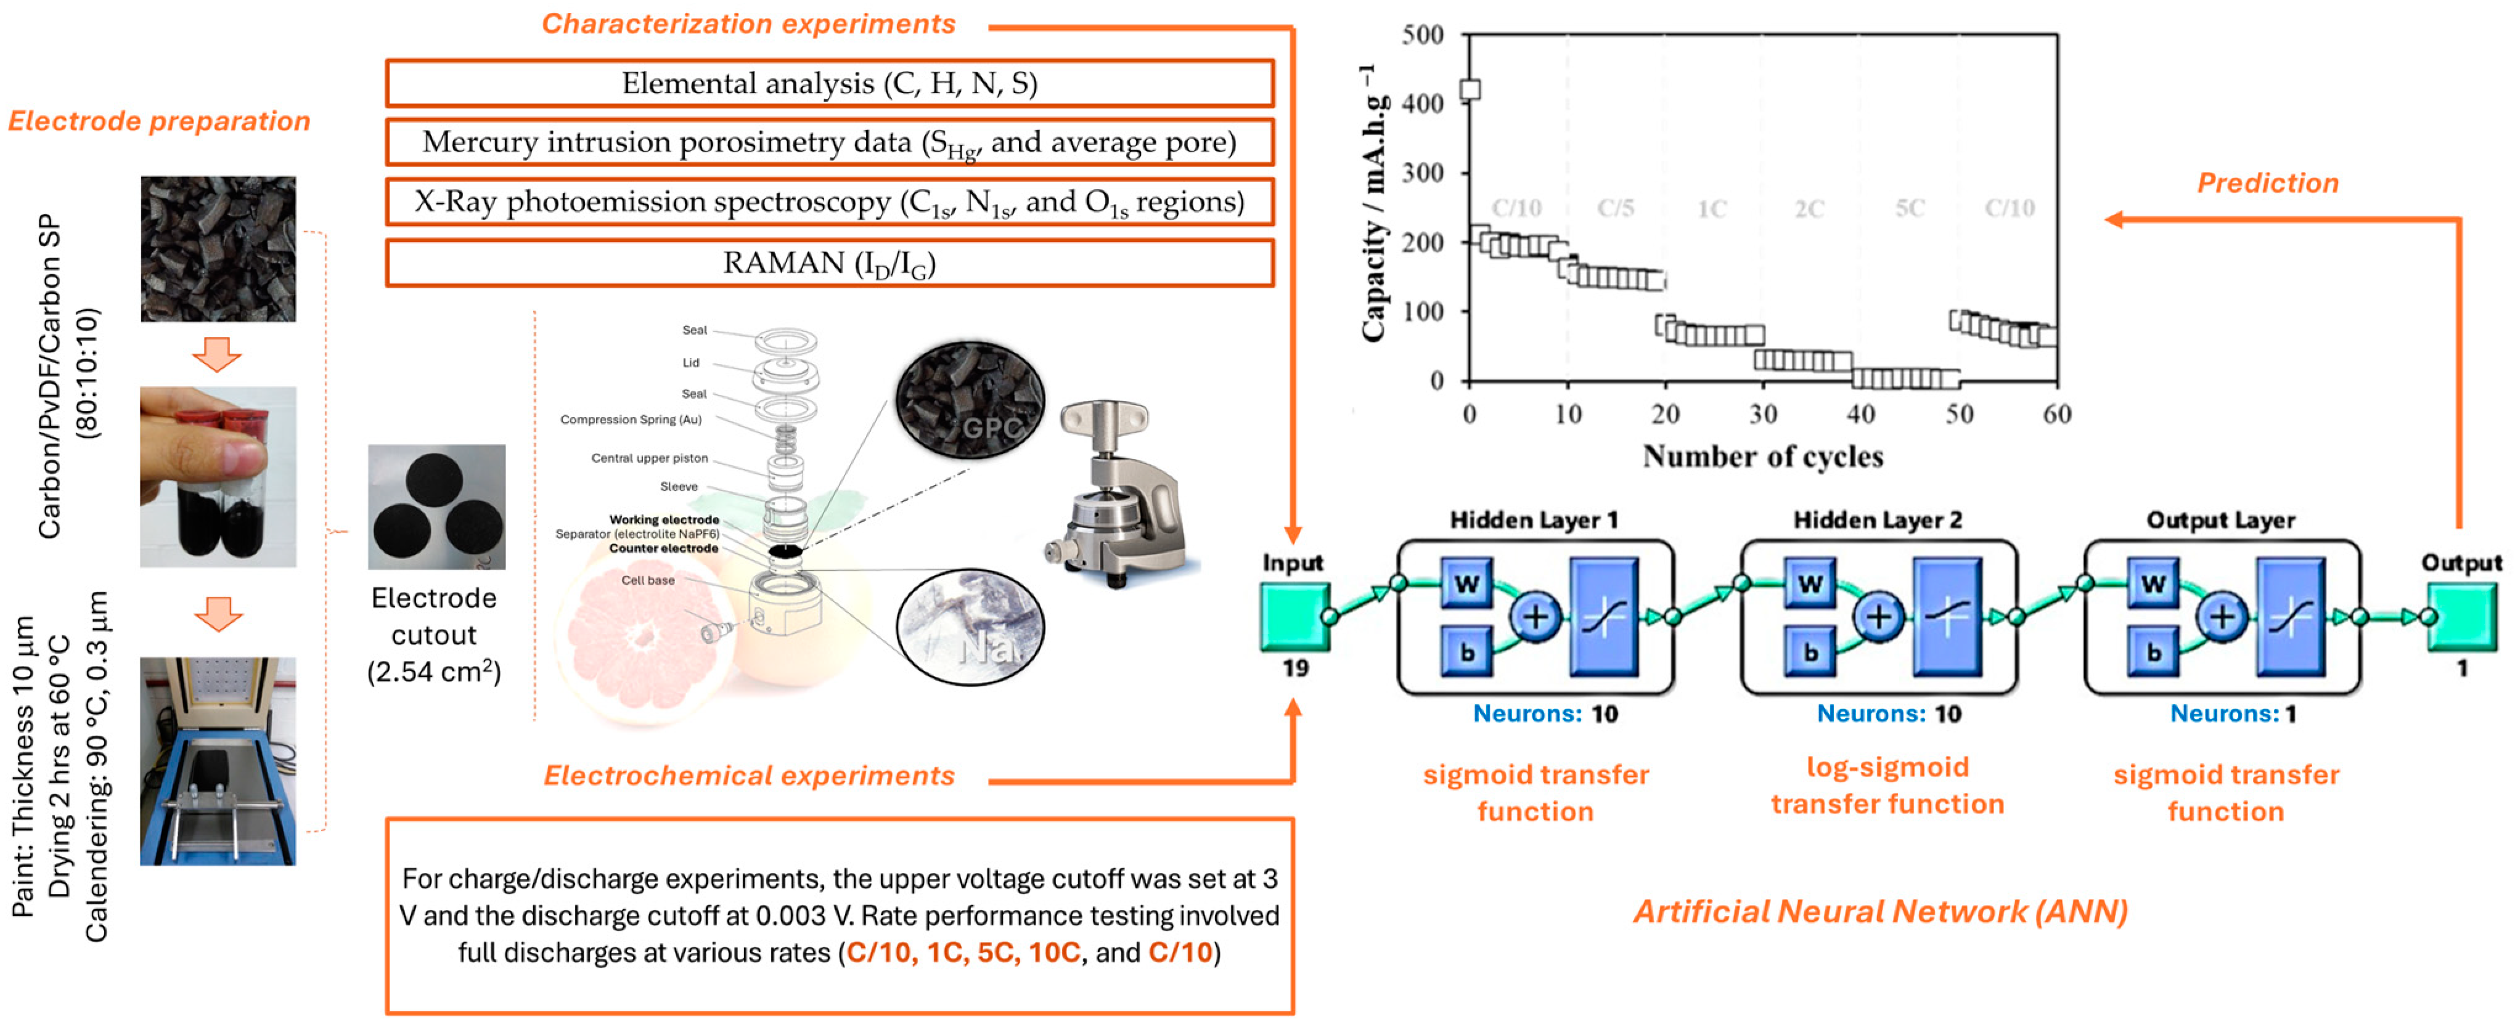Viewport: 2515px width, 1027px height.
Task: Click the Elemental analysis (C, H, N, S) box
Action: click(829, 84)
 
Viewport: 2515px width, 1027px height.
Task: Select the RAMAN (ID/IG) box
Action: click(829, 264)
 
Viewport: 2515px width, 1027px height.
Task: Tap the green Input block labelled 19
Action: click(1294, 617)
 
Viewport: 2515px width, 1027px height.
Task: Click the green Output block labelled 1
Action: click(2461, 617)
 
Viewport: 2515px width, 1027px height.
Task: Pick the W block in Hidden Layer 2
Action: click(1810, 584)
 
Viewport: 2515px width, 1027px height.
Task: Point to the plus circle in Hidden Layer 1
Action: click(1536, 617)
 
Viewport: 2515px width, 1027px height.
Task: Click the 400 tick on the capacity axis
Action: click(1423, 104)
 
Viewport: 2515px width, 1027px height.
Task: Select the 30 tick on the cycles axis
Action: click(1763, 414)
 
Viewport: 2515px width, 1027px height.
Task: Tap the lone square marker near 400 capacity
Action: click(1470, 90)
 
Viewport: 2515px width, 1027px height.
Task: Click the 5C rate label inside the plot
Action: click(1910, 209)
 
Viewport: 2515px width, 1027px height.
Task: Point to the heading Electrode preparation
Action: click(159, 121)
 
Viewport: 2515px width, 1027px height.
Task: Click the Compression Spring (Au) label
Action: click(631, 420)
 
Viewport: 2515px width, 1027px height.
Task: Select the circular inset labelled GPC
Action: click(970, 399)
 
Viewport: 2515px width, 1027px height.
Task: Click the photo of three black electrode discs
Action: click(436, 506)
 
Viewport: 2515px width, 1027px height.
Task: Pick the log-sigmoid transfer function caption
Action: click(1887, 785)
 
